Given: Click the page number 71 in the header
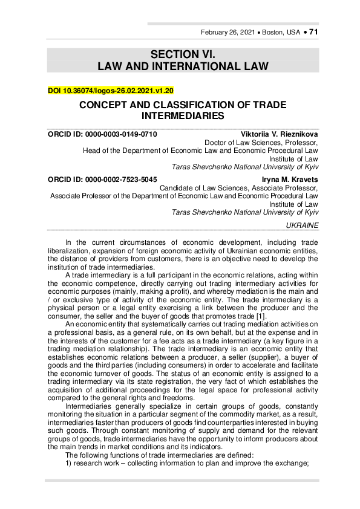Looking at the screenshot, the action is point(313,32).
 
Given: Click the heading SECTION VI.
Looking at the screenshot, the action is point(180,54).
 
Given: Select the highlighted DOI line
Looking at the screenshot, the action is point(111,91).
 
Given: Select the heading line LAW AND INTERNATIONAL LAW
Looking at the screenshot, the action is point(180,65).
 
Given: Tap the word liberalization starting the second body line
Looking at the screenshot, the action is point(68,251).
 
